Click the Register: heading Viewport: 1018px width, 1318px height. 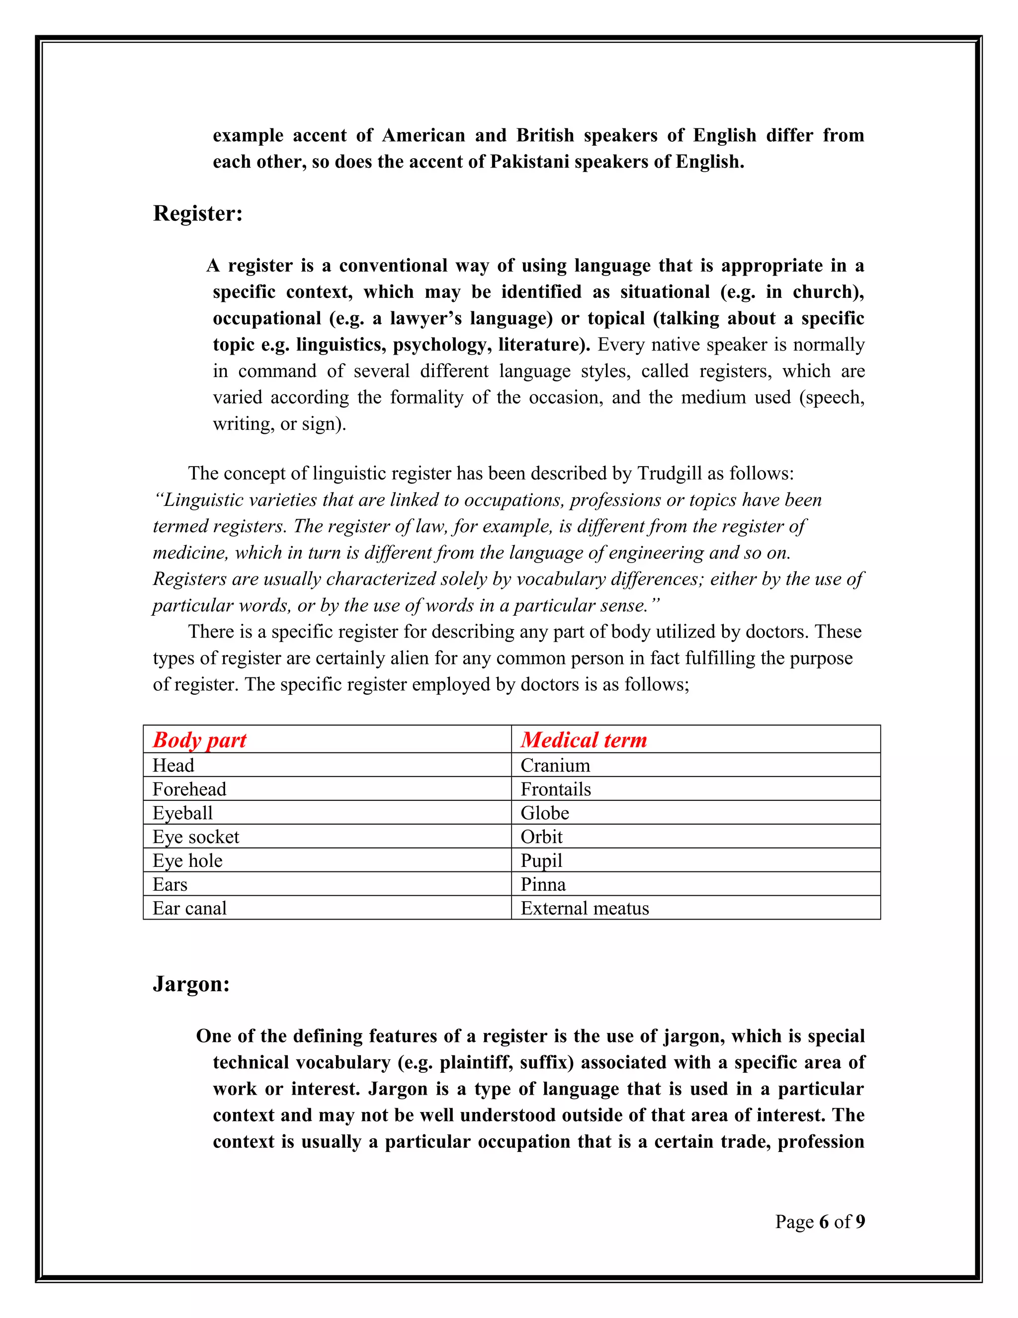(x=197, y=214)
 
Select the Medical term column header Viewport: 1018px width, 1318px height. (x=583, y=740)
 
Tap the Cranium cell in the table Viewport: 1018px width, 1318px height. (x=555, y=765)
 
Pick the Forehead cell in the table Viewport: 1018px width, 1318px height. (x=189, y=789)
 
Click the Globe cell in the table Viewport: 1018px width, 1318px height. (x=545, y=813)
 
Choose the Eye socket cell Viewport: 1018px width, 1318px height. (x=195, y=837)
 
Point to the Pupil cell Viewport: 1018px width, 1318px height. (x=541, y=860)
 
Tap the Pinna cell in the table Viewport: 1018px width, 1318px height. (x=543, y=885)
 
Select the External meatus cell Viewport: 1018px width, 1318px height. (x=585, y=908)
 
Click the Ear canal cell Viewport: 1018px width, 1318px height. (x=189, y=908)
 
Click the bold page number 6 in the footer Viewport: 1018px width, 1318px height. (x=824, y=1222)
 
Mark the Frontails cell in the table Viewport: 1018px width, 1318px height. (x=555, y=789)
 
